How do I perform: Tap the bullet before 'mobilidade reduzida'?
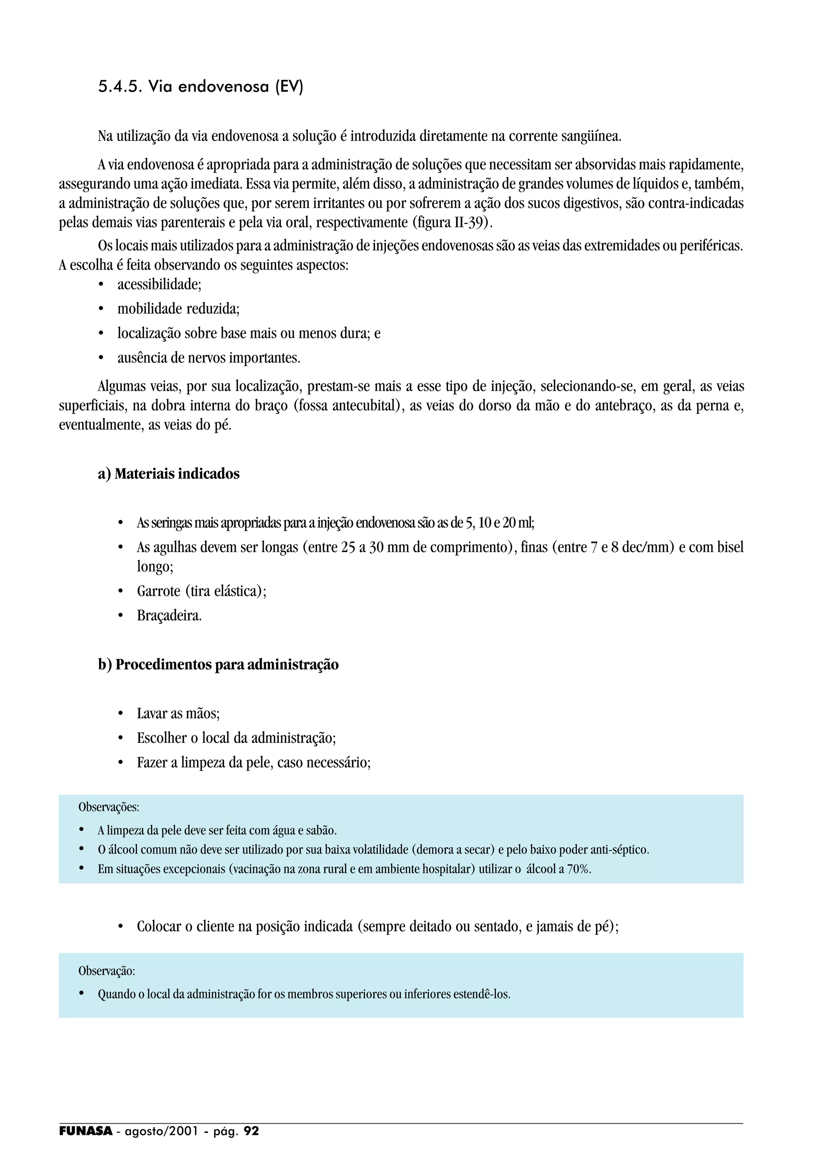(101, 309)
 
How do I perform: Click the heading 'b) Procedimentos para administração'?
(218, 665)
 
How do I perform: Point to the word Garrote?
(159, 591)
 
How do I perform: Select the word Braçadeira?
(169, 616)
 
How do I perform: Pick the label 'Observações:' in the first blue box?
(108, 807)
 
